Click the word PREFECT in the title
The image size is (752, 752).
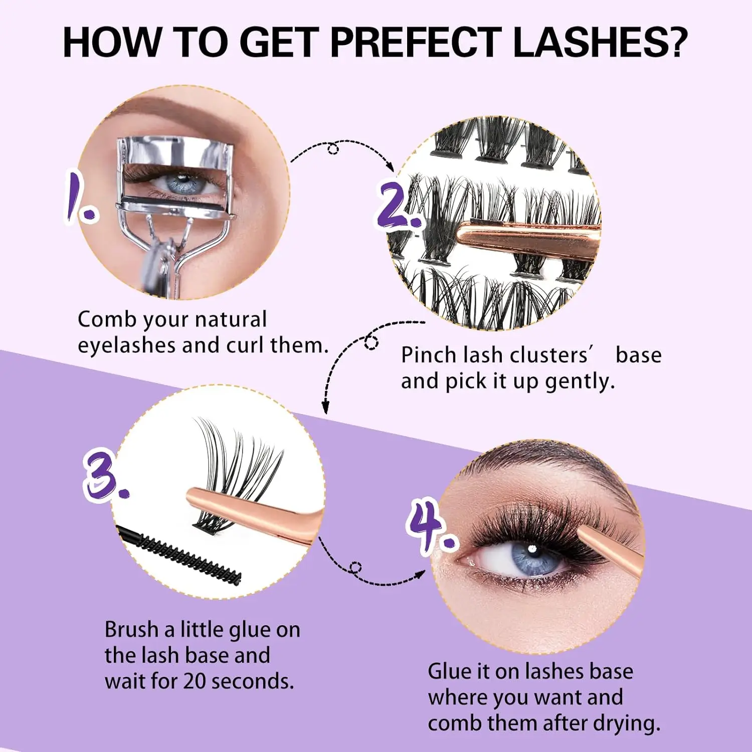tap(416, 42)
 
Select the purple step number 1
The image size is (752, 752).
tap(80, 198)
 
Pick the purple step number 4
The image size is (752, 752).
tap(431, 526)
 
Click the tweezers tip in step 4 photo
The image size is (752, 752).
tap(582, 531)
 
